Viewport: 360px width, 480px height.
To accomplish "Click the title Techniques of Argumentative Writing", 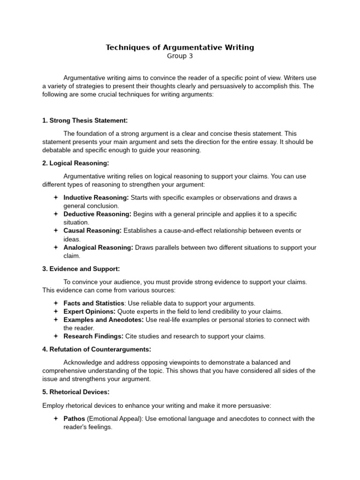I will pos(180,47).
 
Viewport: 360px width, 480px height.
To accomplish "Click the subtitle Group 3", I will pos(180,56).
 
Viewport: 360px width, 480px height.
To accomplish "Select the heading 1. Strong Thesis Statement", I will pos(85,120).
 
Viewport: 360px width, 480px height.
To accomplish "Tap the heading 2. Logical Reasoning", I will pos(75,163).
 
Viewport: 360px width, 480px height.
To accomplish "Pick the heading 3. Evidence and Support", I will pos(81,269).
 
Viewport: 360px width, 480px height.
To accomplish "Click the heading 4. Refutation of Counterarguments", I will pos(97,349).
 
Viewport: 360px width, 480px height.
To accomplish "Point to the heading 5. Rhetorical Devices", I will pos(75,392).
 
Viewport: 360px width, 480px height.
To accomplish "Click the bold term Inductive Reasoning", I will pos(96,197).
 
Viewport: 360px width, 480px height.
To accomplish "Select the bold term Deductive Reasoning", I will pos(97,214).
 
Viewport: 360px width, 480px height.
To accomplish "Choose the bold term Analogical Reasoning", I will pos(98,247).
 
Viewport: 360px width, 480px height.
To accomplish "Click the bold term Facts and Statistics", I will pos(94,303).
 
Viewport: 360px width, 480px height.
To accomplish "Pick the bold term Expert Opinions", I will pos(90,312).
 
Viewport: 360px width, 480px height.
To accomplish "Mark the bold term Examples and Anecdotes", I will pos(104,320).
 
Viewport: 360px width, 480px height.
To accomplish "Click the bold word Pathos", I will pos(75,419).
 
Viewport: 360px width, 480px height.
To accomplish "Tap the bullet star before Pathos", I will pos(55,419).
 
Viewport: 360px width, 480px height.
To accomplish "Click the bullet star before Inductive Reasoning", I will pos(55,197).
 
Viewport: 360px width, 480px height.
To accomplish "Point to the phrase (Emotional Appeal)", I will pos(114,419).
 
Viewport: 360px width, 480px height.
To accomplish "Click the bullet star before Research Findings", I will pos(55,336).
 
